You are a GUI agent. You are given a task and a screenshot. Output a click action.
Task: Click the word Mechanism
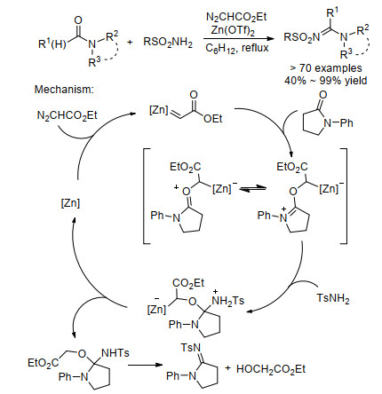pyautogui.click(x=64, y=90)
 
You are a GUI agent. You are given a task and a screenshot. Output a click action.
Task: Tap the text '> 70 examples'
pyautogui.click(x=326, y=68)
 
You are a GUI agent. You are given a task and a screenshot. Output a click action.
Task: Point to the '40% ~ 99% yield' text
pyautogui.click(x=326, y=81)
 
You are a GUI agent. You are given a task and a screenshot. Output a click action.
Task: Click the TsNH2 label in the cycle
pyautogui.click(x=333, y=298)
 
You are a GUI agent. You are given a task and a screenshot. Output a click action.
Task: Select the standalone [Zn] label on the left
pyautogui.click(x=70, y=203)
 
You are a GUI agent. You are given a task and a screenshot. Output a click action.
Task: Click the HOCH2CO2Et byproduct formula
pyautogui.click(x=271, y=369)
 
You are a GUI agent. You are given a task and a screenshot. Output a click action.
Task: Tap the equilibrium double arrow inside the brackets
pyautogui.click(x=253, y=189)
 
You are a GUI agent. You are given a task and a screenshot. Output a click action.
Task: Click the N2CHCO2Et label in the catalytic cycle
pyautogui.click(x=68, y=115)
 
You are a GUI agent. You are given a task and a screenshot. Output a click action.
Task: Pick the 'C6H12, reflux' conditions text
pyautogui.click(x=237, y=48)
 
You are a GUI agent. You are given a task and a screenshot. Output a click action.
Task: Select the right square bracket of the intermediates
pyautogui.click(x=343, y=196)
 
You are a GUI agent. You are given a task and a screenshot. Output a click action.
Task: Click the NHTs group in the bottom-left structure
pyautogui.click(x=115, y=353)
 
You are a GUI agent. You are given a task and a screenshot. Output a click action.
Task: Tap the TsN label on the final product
pyautogui.click(x=191, y=348)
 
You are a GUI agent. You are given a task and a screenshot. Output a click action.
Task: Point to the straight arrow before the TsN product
pyautogui.click(x=146, y=365)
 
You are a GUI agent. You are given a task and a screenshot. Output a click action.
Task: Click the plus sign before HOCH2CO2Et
pyautogui.click(x=227, y=368)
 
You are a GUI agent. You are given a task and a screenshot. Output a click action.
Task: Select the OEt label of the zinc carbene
pyautogui.click(x=213, y=119)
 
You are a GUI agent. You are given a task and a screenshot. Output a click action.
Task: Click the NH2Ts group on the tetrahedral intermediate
pyautogui.click(x=228, y=301)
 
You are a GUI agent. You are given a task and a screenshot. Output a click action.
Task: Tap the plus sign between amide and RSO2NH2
pyautogui.click(x=130, y=42)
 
